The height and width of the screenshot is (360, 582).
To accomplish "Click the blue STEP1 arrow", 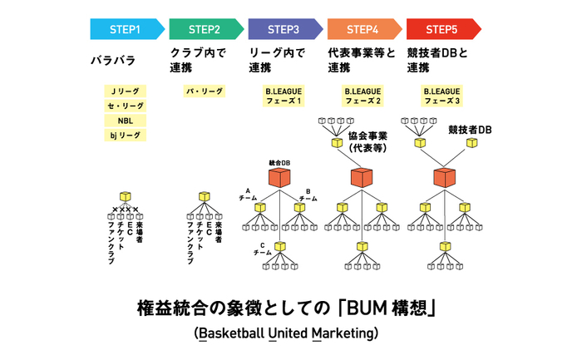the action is coord(127,29).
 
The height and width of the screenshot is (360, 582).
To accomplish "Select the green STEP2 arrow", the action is coord(206,29).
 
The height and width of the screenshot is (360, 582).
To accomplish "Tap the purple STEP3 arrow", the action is coord(285,29).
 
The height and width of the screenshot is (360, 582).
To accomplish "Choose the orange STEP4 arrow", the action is coord(364,29).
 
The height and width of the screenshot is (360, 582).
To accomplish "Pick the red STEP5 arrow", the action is coord(443,29).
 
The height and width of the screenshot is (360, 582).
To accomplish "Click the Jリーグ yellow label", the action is coord(125,91).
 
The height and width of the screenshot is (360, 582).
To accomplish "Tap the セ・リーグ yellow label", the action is coord(125,106).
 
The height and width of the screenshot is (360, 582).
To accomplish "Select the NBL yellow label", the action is coord(125,121).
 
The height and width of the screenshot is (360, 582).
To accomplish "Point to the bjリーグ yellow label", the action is coord(125,135).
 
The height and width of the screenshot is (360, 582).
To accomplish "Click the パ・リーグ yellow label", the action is coord(205,91).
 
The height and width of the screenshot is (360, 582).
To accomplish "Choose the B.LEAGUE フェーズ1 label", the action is coord(284,96).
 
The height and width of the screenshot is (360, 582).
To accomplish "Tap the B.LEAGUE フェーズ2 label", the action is coord(363,96).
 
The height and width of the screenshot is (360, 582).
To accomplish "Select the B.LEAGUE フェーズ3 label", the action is coord(441,96).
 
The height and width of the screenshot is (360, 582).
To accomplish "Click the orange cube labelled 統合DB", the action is coord(279,177).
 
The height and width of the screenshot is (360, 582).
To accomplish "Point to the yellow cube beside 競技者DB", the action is coord(471,142).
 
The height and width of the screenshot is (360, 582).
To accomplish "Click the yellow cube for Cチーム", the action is coord(280,246).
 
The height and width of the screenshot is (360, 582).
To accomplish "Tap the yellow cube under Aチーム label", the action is coord(260,207).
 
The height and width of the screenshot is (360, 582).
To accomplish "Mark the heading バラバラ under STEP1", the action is coord(113,60).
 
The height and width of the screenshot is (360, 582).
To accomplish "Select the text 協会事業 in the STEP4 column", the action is coord(367,136).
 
